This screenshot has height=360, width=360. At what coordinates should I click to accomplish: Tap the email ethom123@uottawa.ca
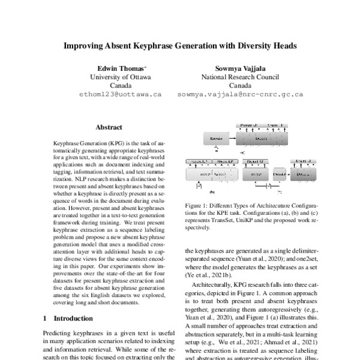point(121,95)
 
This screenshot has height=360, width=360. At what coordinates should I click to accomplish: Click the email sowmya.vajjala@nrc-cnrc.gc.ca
point(240,95)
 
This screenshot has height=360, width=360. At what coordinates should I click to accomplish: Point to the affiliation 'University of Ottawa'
point(121,77)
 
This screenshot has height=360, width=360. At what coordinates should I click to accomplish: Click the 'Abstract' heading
point(109,127)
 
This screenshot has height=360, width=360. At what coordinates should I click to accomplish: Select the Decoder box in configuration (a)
point(262,139)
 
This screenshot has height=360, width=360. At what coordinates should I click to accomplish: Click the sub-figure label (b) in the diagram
point(212,193)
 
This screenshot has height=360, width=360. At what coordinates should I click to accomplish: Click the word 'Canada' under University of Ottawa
point(121,86)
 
